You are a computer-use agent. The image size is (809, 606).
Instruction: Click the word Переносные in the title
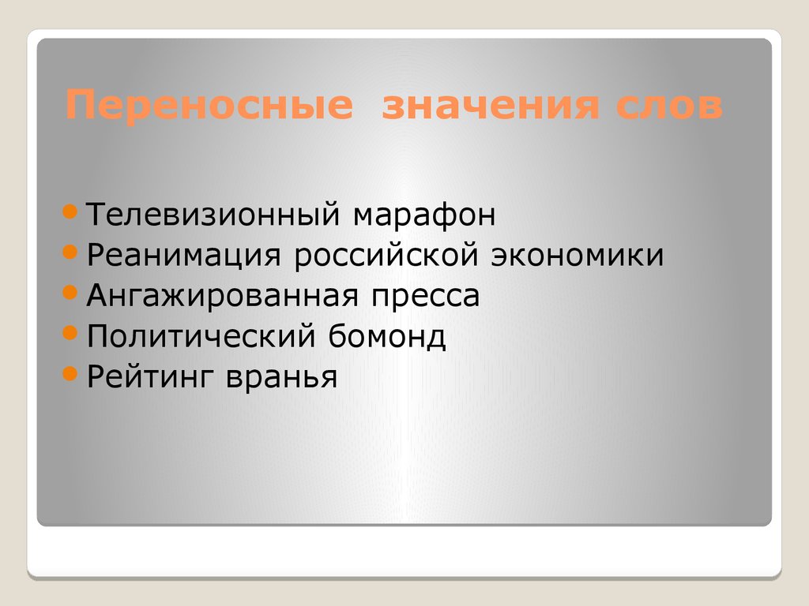208,107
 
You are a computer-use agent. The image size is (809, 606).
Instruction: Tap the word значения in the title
491,107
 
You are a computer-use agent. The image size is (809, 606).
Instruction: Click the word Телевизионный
214,215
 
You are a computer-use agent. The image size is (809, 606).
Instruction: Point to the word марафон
424,215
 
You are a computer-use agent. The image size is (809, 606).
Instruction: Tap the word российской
386,255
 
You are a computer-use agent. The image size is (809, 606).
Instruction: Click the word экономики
578,255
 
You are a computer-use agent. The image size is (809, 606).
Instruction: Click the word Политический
200,337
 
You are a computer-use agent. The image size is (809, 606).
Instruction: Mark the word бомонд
385,337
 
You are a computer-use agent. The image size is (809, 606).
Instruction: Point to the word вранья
282,377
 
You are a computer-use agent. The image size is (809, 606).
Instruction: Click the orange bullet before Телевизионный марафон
70,211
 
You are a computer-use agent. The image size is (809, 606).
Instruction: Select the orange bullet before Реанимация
70,252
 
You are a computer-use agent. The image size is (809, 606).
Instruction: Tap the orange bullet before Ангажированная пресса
70,293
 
